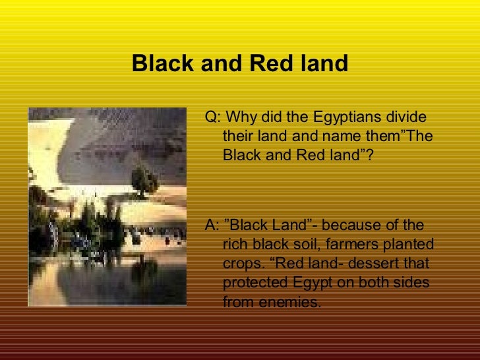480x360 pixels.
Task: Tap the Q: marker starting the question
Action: [213, 118]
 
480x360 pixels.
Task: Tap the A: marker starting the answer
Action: [213, 225]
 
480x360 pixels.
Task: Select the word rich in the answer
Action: [235, 245]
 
